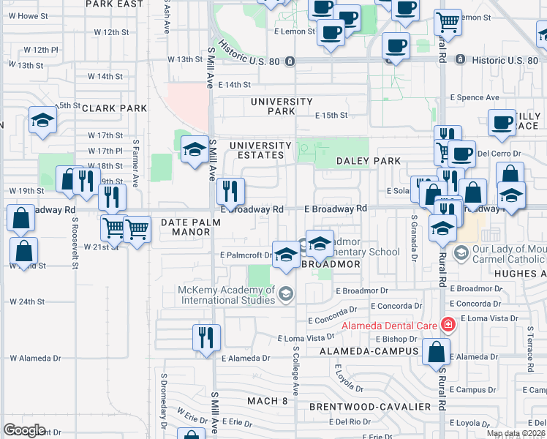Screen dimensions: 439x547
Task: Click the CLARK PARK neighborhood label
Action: (114, 108)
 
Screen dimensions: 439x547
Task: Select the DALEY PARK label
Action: (368, 161)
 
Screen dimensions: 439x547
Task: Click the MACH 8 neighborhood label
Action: (267, 401)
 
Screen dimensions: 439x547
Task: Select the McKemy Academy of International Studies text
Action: (227, 295)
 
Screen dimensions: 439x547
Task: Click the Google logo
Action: (24, 430)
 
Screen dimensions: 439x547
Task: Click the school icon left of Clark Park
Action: (43, 120)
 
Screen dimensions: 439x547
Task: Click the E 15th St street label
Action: (331, 116)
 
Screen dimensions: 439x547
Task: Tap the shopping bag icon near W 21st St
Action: (24, 251)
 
